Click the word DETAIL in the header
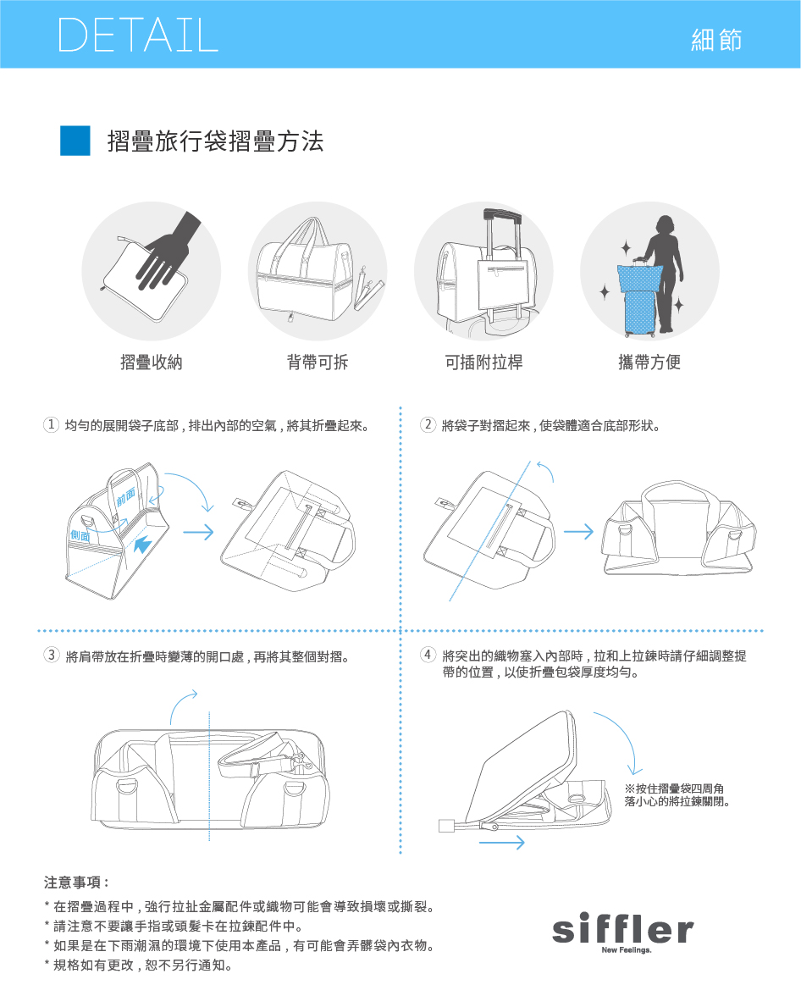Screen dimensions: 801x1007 coord(138,35)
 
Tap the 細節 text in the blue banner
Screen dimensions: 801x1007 coord(716,40)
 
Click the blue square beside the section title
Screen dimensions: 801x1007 coord(75,141)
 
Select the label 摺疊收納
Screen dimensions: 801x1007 coord(152,362)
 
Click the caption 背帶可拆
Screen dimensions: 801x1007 coord(317,362)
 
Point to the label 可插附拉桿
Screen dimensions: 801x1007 coord(484,362)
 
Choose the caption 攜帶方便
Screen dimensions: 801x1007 coord(649,362)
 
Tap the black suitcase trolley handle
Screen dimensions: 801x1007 coord(502,214)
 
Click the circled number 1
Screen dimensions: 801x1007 coord(51,425)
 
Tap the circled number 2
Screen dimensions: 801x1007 coord(428,425)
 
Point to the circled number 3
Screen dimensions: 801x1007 coord(52,656)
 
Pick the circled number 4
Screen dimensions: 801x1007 coord(428,655)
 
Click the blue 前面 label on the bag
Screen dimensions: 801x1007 coord(126,496)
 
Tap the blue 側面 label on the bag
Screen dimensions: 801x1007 coord(80,535)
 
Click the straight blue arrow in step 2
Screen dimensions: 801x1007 coord(579,532)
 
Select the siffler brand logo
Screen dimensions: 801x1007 coord(622,932)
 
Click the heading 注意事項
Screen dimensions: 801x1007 coord(76,883)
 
